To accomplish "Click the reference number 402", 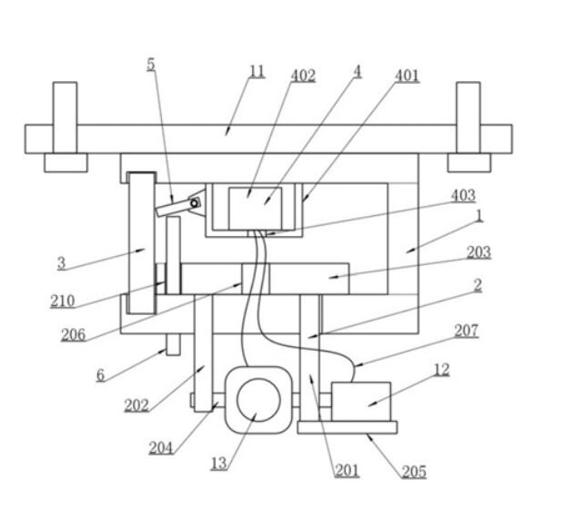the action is pos(303,76).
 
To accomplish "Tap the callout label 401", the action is pos(407,76).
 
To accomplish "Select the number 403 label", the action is pos(463,196).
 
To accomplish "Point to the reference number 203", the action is pos(479,252).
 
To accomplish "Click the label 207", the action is pos(467,331).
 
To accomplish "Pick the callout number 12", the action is pos(441,370).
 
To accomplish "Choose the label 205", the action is pos(414,472).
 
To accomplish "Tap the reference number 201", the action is pos(347,471).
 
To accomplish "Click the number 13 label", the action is pos(219,464).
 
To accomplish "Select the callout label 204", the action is pos(161,448).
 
